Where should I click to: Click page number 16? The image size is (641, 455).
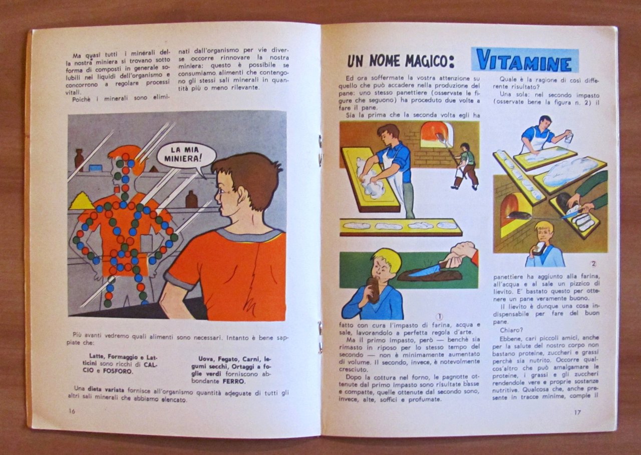(x=72, y=411)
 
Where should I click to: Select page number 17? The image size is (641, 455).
(x=577, y=412)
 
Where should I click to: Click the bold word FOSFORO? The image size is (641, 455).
(x=121, y=371)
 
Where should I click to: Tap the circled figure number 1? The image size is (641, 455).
(x=439, y=316)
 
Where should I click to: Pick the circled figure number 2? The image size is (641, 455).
(x=593, y=264)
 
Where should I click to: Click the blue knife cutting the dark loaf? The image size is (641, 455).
(x=424, y=270)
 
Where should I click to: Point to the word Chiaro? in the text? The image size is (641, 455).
(x=511, y=330)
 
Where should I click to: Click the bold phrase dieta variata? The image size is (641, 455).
(x=106, y=389)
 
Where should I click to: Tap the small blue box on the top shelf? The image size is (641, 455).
(x=95, y=168)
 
